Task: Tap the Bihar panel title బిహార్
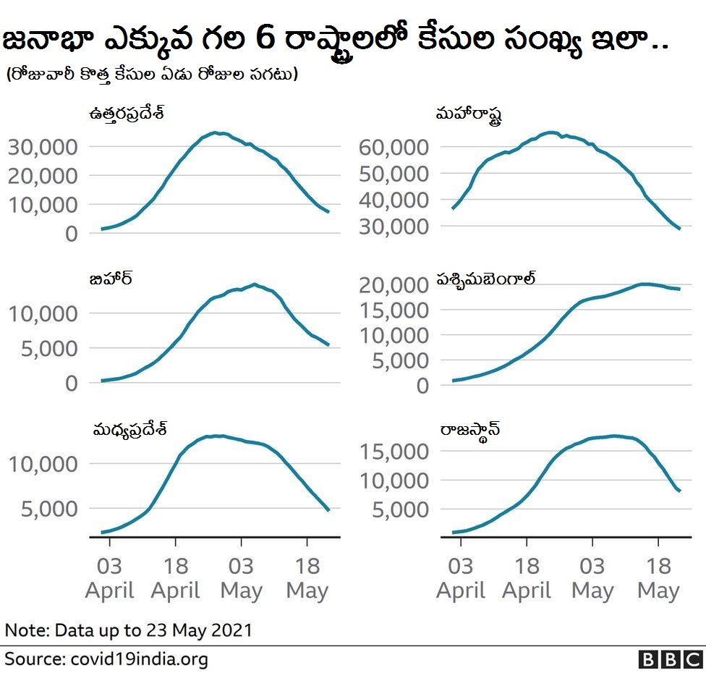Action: (110, 279)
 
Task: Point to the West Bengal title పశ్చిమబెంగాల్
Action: (485, 280)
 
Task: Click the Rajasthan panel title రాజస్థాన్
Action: (470, 431)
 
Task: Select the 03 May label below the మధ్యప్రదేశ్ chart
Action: (241, 578)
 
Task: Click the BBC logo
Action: (671, 659)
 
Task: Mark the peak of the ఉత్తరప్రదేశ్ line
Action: (214, 133)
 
